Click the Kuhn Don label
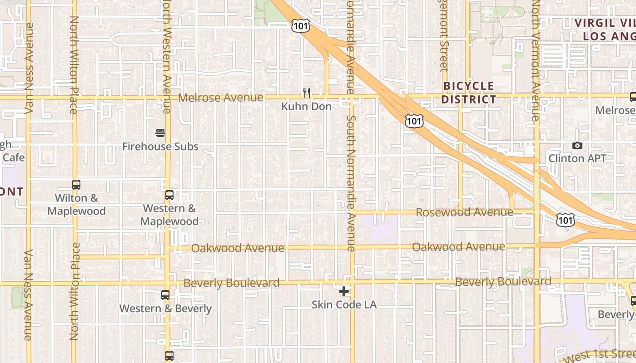tap(307, 107)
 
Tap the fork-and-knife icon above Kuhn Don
tap(307, 93)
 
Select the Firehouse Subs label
tap(160, 147)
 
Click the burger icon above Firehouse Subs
tap(160, 133)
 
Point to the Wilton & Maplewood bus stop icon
tap(76, 185)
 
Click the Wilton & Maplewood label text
tap(76, 205)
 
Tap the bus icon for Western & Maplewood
tap(169, 195)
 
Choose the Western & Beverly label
tap(165, 309)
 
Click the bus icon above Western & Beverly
tap(165, 295)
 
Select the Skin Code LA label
tap(344, 304)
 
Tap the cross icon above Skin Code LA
tap(344, 291)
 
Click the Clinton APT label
tap(577, 158)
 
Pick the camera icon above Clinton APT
tap(577, 145)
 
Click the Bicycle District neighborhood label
tap(468, 93)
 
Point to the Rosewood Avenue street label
tap(464, 212)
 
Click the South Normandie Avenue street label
tap(350, 183)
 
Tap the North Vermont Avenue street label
tap(536, 61)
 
